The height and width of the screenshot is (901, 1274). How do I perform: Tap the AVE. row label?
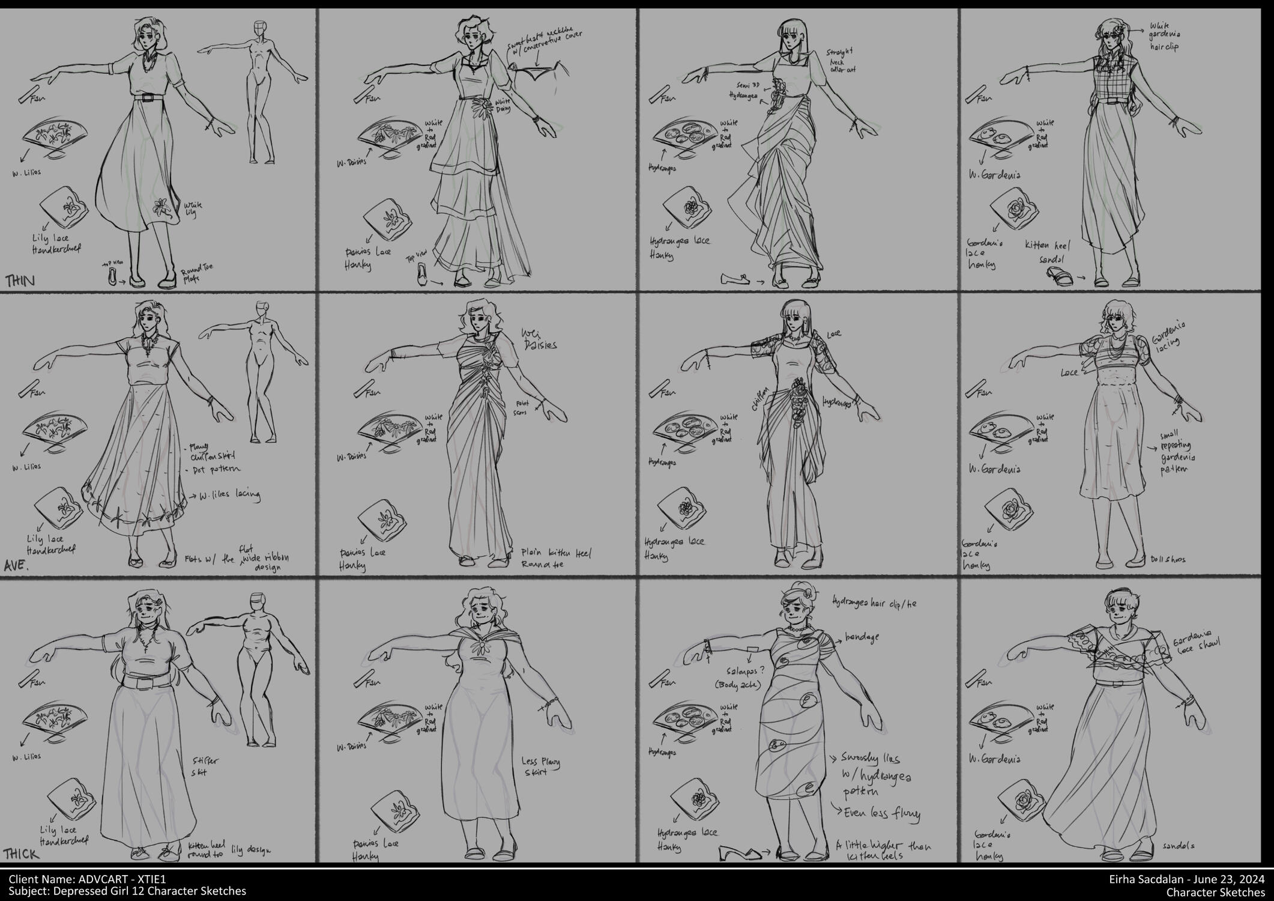(18, 566)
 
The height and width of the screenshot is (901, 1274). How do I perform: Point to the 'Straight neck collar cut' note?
(842, 61)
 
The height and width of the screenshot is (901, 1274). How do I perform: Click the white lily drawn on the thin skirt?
(162, 208)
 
